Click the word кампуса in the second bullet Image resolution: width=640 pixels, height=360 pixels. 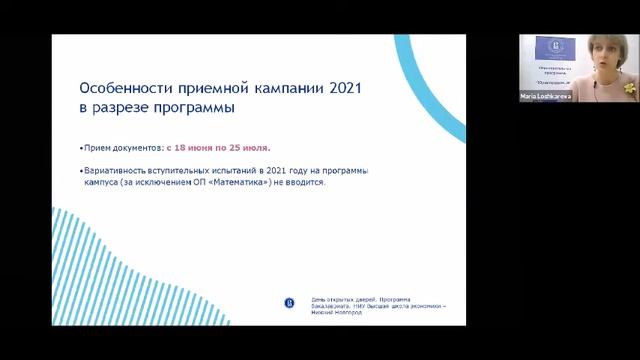tap(98, 183)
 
